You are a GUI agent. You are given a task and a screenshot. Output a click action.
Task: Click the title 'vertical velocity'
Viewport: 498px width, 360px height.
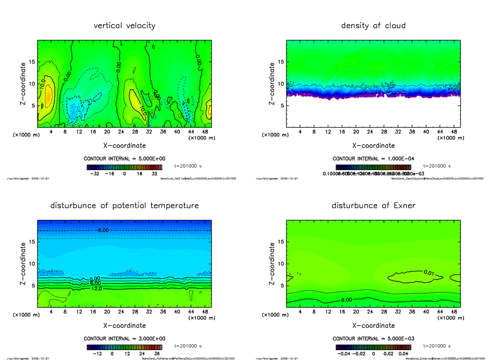(x=124, y=26)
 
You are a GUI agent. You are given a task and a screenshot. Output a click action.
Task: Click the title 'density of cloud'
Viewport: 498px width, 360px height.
(x=373, y=26)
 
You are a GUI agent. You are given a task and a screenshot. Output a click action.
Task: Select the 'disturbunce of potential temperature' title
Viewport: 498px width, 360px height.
(x=124, y=206)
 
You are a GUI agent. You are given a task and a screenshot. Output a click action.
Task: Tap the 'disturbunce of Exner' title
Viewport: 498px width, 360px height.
(x=373, y=206)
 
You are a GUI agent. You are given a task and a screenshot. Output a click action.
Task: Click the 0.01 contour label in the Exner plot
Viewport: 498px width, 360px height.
(x=429, y=272)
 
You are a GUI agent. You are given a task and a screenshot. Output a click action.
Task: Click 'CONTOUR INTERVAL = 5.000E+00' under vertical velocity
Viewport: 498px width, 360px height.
(x=124, y=159)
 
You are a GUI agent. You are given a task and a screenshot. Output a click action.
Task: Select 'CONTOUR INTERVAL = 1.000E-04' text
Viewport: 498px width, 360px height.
(x=373, y=159)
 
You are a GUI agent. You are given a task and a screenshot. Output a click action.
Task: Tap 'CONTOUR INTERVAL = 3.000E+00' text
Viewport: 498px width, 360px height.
(x=124, y=339)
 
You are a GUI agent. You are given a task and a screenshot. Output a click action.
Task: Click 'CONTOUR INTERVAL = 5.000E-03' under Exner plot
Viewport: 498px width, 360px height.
(x=373, y=339)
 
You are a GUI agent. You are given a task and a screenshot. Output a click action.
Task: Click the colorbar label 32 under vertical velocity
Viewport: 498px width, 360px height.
(x=154, y=174)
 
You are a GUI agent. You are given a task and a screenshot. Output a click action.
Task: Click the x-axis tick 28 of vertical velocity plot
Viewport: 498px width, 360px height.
(x=135, y=132)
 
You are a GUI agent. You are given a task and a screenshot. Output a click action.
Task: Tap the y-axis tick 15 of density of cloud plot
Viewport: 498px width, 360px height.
(x=280, y=62)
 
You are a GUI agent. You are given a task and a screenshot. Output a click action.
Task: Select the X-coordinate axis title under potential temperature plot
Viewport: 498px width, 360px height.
(x=124, y=326)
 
